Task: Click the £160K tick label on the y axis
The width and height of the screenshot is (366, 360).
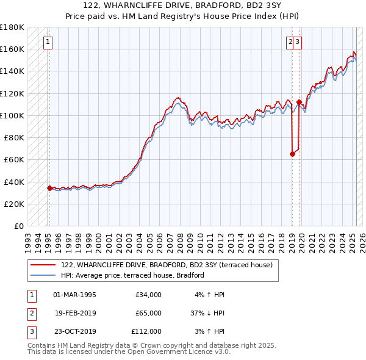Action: [x=12, y=49]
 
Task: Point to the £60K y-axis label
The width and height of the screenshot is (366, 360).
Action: [x=14, y=159]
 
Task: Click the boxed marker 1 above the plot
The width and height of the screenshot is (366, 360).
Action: [x=47, y=42]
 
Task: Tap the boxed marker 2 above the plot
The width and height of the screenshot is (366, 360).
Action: [x=290, y=42]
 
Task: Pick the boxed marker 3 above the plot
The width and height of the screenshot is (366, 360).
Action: [x=298, y=42]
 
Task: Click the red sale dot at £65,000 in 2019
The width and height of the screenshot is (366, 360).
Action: [x=292, y=154]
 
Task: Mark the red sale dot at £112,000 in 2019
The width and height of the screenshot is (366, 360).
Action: [x=299, y=102]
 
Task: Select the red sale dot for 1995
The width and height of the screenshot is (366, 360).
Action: [x=49, y=188]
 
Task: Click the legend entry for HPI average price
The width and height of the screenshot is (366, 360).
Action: [x=132, y=275]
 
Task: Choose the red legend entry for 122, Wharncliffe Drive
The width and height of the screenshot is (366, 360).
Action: [x=170, y=265]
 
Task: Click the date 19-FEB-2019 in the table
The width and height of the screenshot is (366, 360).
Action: [x=75, y=313]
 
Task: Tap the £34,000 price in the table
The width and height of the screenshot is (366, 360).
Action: [x=148, y=295]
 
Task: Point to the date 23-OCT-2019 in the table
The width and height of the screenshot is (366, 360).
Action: [x=75, y=331]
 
